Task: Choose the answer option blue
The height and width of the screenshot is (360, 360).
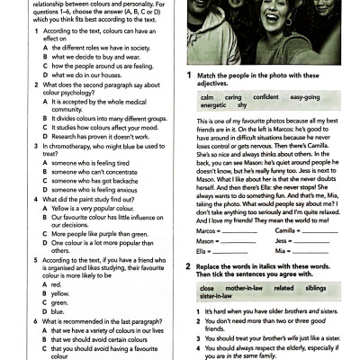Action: tap(57, 311)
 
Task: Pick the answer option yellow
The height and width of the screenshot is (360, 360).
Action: tap(59, 293)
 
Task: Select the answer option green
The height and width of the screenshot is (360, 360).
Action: tap(58, 302)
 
